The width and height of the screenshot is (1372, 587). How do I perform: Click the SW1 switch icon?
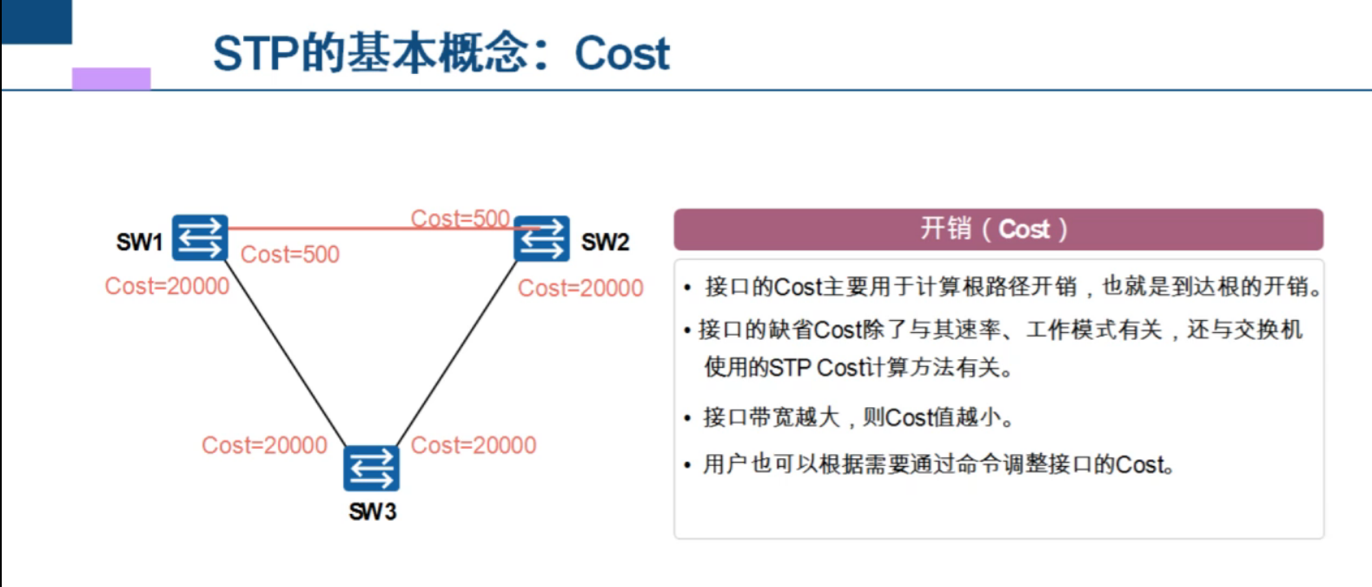point(200,237)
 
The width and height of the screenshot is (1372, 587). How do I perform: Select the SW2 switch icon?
point(541,238)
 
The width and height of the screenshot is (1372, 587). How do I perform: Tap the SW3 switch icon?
point(371,469)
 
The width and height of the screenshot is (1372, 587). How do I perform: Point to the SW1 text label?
point(139,242)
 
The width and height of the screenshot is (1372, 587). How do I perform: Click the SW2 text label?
point(605,242)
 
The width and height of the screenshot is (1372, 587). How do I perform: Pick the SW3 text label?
point(372,511)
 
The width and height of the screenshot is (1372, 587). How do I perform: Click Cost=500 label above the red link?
point(460,217)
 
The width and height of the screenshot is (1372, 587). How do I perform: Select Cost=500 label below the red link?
point(289,255)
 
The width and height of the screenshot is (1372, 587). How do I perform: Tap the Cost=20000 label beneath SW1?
point(167,286)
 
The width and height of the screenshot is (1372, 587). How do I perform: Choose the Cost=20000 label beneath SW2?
point(580,288)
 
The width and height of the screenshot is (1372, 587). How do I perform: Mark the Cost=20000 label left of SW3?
point(264,445)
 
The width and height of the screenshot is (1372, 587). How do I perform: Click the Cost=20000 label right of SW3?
point(474,445)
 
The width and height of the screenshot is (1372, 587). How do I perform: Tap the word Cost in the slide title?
point(622,54)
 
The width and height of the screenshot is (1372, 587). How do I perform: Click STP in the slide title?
point(256,54)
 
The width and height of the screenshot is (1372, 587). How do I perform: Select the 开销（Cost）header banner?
point(998,230)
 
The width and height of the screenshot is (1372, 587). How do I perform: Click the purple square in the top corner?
point(111,78)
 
